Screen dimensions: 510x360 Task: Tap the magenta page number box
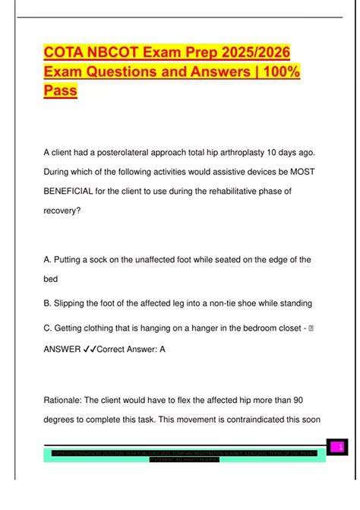(x=339, y=447)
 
